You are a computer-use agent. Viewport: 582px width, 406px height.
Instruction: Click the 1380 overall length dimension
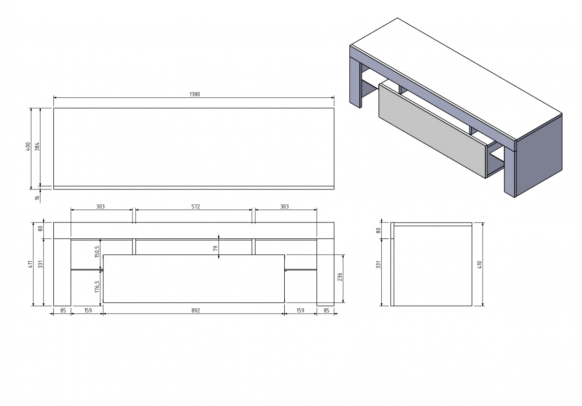(194, 94)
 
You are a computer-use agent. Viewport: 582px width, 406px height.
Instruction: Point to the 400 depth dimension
(28, 146)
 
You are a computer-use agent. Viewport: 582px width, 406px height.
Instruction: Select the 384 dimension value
(37, 146)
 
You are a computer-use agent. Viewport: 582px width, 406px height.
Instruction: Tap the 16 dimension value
(37, 197)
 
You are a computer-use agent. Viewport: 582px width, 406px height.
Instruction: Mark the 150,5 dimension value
(97, 251)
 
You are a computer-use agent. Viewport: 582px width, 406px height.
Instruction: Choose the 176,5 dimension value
(97, 286)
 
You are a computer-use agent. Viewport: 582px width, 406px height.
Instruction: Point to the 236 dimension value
(340, 277)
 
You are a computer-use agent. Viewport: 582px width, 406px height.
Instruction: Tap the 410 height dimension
(480, 265)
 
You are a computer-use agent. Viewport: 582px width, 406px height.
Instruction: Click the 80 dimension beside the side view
(379, 230)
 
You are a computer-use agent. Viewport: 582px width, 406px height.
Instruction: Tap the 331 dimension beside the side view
(379, 264)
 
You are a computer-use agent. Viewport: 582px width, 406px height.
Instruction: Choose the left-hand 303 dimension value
(100, 206)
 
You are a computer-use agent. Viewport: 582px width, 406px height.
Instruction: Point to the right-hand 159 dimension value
(300, 310)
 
